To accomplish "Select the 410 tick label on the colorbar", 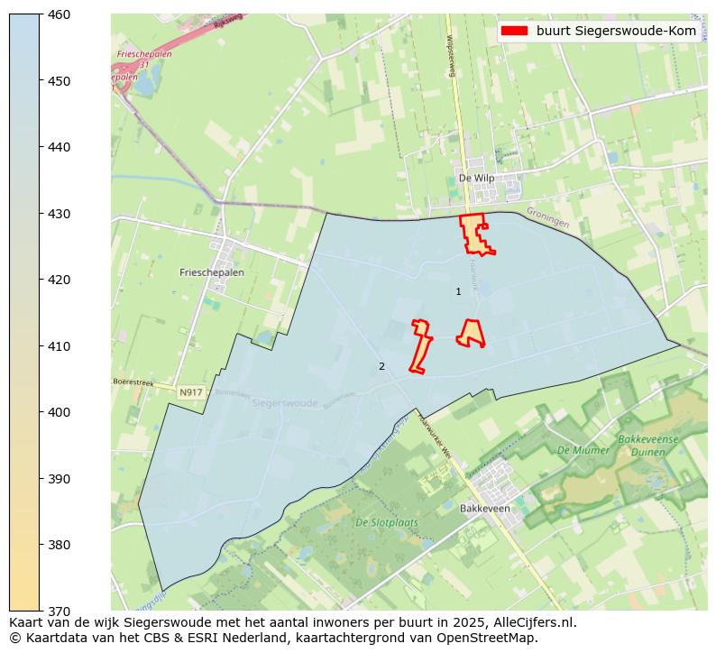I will tap(60, 346).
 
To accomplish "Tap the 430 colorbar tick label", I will tap(60, 214).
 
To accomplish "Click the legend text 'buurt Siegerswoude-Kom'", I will tap(615, 31).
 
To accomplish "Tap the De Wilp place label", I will tap(476, 178).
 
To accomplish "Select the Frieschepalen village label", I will tap(212, 271).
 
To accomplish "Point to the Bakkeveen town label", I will tap(484, 509).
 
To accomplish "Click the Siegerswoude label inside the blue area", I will tap(285, 403).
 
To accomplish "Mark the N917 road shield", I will tap(190, 392).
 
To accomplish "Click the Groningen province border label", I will tap(547, 218).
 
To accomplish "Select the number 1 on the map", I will tap(458, 291).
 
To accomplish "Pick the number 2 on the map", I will tap(381, 366).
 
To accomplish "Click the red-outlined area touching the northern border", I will tap(474, 234).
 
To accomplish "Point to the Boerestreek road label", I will tap(133, 382).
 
